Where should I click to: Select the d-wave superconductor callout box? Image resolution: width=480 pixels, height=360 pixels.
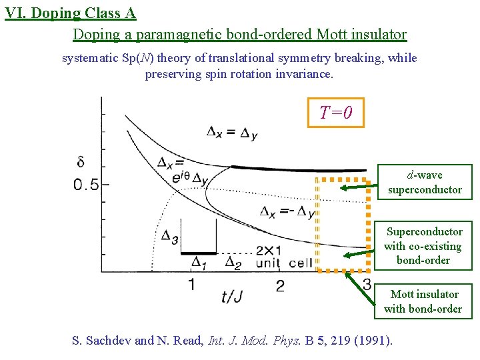pyautogui.click(x=425, y=183)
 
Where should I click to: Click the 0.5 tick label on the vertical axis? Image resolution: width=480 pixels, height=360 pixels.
pyautogui.click(x=87, y=185)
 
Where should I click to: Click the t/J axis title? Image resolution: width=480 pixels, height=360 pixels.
pyautogui.click(x=232, y=296)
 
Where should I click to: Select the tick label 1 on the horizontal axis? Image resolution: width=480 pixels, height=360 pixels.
pyautogui.click(x=191, y=285)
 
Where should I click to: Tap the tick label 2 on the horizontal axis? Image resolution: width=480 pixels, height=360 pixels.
pyautogui.click(x=280, y=285)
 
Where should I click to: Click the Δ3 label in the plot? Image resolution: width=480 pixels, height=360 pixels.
pyautogui.click(x=169, y=238)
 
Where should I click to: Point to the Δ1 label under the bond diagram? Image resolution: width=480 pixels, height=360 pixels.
pyautogui.click(x=199, y=263)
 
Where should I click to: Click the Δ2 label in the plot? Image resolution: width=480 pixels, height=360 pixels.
pyautogui.click(x=233, y=262)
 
